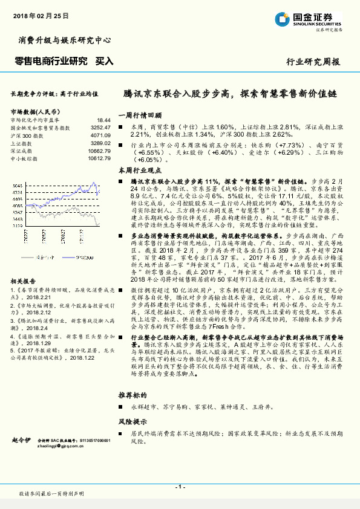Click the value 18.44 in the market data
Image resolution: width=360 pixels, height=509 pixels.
coord(103,121)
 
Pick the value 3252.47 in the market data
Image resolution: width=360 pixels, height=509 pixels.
coord(100,128)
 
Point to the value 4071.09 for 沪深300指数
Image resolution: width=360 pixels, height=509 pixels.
coord(100,135)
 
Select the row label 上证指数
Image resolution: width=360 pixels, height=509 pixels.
coord(22,143)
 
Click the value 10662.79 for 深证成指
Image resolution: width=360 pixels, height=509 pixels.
coord(99,151)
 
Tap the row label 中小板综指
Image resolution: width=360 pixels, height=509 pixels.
coord(24,158)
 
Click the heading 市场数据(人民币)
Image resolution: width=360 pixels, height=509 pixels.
coord(36,112)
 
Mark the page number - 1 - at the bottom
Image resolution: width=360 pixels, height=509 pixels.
coord(179,487)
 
